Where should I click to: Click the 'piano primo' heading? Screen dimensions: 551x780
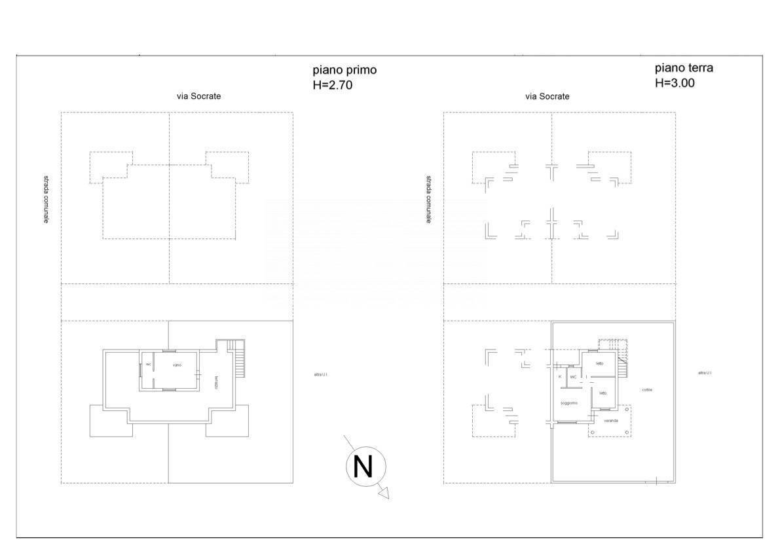tap(344, 70)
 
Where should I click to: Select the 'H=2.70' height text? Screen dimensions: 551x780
tap(333, 84)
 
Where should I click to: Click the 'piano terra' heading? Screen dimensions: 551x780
tap(684, 67)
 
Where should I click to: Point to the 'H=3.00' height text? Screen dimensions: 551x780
tap(675, 83)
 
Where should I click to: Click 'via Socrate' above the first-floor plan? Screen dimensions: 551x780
tap(199, 96)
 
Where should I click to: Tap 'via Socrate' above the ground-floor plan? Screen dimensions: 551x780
tap(548, 96)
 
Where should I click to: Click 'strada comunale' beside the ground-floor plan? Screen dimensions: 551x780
tap(429, 199)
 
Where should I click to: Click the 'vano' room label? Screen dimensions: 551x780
tap(177, 364)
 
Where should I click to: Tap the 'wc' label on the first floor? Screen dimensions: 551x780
tap(149, 364)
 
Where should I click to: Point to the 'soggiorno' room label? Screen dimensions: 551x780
tap(568, 402)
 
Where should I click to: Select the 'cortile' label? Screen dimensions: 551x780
tap(647, 389)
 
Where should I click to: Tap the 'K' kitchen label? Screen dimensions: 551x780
tap(560, 377)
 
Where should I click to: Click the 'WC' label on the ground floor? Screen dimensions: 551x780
tap(573, 377)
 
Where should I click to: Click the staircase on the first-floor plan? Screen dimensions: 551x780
tap(240, 359)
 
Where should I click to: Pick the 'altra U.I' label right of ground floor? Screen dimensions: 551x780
tap(705, 373)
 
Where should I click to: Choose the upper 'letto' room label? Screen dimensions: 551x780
tap(599, 364)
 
